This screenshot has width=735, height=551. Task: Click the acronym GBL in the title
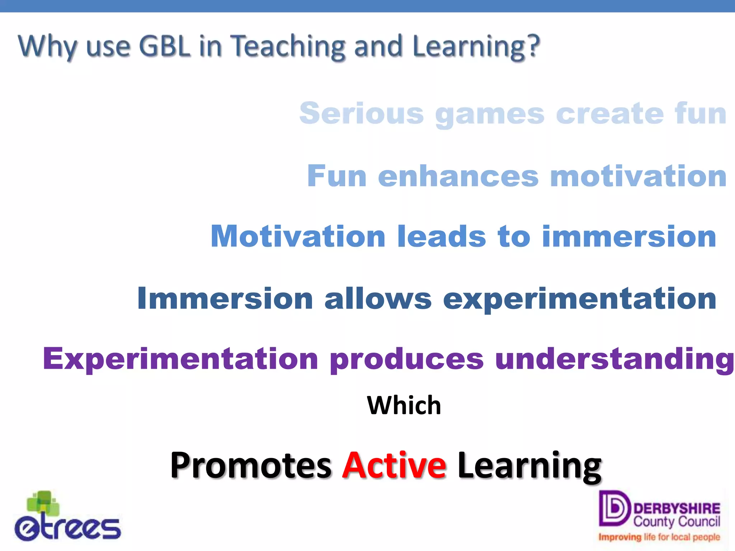pyautogui.click(x=164, y=46)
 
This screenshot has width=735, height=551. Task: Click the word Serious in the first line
pyautogui.click(x=361, y=113)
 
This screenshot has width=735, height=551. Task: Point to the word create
pyautogui.click(x=610, y=113)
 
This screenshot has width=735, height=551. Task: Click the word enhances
pyautogui.click(x=458, y=176)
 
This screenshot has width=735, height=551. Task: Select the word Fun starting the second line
pyautogui.click(x=337, y=176)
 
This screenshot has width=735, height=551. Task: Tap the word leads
pyautogui.click(x=442, y=236)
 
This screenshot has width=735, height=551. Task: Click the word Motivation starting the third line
pyautogui.click(x=298, y=236)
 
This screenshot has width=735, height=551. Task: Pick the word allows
pyautogui.click(x=378, y=298)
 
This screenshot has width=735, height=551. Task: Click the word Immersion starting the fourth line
pyautogui.click(x=225, y=298)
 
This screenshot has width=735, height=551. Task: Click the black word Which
pyautogui.click(x=404, y=405)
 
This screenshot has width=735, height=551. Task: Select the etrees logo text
pyautogui.click(x=68, y=528)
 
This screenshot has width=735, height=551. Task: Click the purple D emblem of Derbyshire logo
pyautogui.click(x=614, y=508)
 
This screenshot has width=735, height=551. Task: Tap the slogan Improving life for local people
pyautogui.click(x=659, y=537)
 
